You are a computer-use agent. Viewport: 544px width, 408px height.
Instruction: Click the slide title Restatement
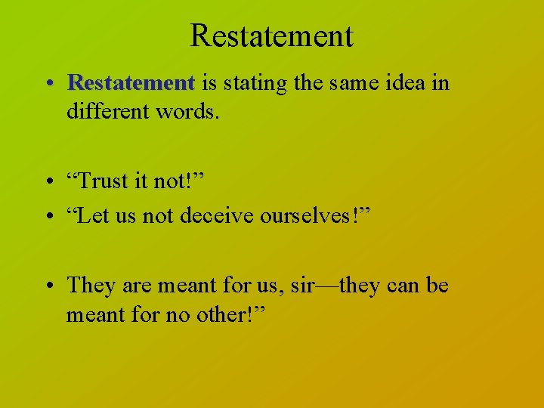point(271,36)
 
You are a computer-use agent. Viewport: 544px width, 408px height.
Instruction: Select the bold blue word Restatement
point(131,82)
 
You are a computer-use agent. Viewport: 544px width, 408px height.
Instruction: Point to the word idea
point(406,82)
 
